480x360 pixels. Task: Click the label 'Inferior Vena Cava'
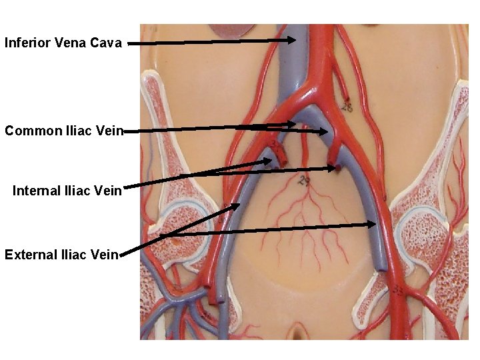tap(63, 43)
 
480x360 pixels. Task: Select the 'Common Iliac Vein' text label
tap(64, 131)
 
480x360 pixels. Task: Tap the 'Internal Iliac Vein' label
tap(67, 191)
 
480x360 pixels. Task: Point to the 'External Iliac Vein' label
tap(61, 254)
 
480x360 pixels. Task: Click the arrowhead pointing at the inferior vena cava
tap(292, 40)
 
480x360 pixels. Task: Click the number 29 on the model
tap(305, 181)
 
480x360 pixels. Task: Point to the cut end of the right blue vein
tap(380, 267)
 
